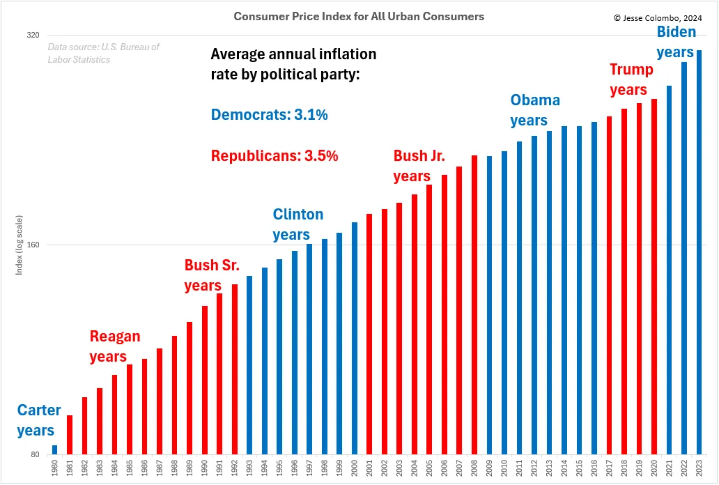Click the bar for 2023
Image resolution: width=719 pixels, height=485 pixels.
pos(699,252)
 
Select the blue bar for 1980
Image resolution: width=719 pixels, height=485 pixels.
pos(54,450)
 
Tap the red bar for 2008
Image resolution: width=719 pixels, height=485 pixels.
pos(474,305)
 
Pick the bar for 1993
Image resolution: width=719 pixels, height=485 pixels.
pos(249,365)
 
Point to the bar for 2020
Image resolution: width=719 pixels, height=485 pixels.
pos(654,277)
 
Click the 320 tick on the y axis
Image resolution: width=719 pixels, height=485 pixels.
pos(33,35)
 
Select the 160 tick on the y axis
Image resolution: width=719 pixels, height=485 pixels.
pos(33,245)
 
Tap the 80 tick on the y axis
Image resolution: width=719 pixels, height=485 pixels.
pos(35,455)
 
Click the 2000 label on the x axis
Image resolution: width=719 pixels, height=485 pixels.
pos(355,469)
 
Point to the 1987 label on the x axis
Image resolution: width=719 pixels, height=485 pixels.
pos(160,469)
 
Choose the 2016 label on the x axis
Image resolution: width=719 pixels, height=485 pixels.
pos(594,469)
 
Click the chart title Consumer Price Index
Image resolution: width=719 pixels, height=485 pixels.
pos(359,16)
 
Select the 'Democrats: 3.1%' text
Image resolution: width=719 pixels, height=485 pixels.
pos(269,115)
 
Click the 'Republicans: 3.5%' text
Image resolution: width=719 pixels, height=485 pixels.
pos(274,156)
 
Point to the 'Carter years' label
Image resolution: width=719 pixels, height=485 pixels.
pos(39,420)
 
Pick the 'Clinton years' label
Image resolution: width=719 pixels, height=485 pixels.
pos(297,224)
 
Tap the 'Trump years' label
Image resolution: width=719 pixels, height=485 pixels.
pos(631,79)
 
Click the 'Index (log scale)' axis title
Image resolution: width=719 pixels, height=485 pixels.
pos(20,245)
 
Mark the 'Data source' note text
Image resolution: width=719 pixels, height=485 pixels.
pos(103,53)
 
